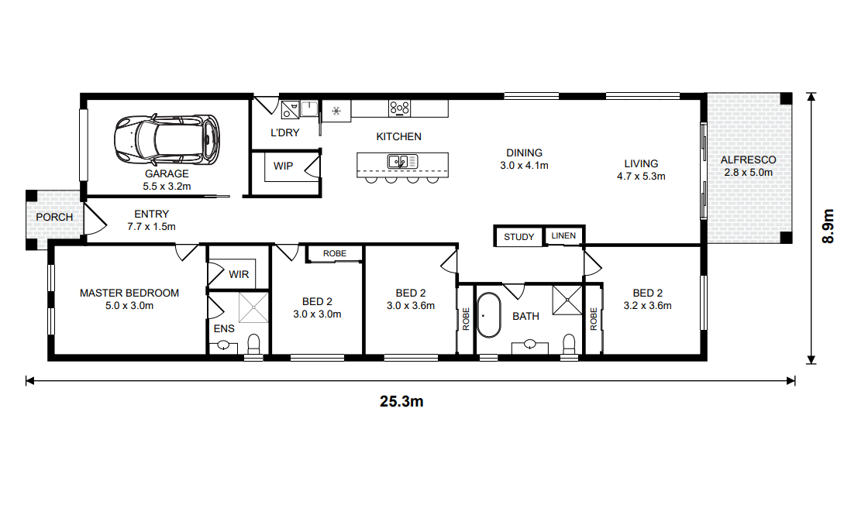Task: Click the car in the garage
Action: pos(167,139)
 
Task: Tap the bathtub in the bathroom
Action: pos(489,315)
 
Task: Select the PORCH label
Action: pos(54,217)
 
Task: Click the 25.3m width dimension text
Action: pos(401,402)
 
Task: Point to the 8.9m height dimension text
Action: pos(828,226)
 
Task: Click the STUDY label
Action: pos(519,237)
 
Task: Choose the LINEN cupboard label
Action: pos(563,235)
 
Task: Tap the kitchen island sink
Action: pos(402,161)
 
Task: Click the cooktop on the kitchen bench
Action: pos(399,108)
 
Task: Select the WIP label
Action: pos(283,166)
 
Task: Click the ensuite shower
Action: pos(253,307)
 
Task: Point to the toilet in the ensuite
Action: pos(253,344)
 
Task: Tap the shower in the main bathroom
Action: pos(567,300)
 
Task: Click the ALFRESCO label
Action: pos(748,160)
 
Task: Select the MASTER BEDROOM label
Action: pos(129,293)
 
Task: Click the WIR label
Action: pos(239,275)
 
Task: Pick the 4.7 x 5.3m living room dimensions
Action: pos(641,177)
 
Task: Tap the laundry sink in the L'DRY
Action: pos(309,108)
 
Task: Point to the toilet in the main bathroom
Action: pos(569,344)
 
